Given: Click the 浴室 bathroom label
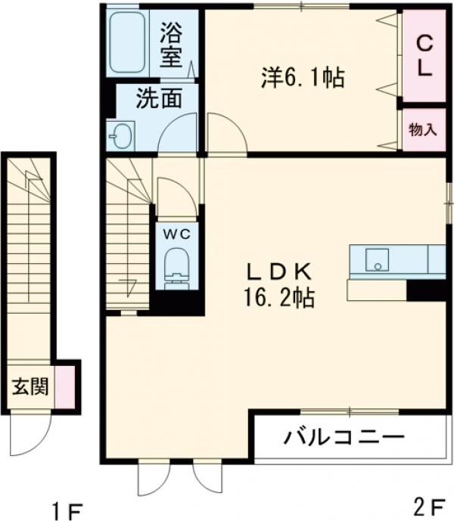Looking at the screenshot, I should pos(171,44).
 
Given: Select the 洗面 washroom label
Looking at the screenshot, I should pos(153,99).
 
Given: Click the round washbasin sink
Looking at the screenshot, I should pos(121,137).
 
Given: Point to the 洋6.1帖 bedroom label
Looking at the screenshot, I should pos(303,76).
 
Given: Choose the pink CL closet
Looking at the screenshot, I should pos(424,57).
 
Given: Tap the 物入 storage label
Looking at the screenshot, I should pos(423,129).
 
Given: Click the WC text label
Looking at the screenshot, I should pos(179,234).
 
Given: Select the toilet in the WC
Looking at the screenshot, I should pos(178,268).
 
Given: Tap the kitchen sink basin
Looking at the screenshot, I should pos(376,262).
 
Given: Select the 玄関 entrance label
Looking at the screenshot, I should pos(30,387).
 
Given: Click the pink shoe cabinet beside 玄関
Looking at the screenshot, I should pos(66,387).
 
